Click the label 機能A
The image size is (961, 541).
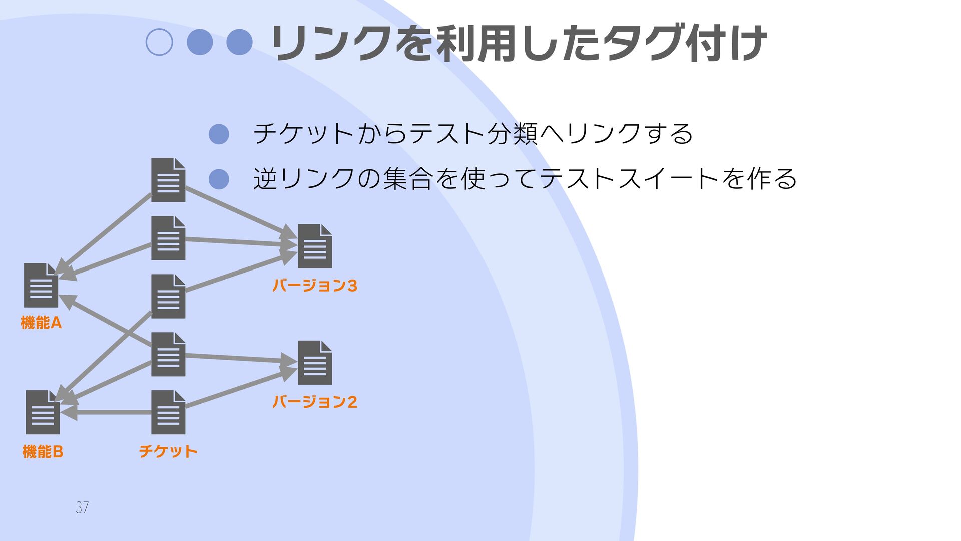point(41,323)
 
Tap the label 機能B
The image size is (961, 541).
point(43,452)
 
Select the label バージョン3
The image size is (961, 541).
point(314,286)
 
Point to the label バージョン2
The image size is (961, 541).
point(314,402)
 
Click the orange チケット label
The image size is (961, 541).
point(168,451)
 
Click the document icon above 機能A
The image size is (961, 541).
point(41,286)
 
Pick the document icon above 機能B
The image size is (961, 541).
point(43,412)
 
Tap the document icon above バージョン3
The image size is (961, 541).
point(315,246)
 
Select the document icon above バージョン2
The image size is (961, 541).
point(315,363)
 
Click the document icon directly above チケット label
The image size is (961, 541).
point(168,412)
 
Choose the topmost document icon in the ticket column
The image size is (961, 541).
point(168,180)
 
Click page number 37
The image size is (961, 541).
point(82,507)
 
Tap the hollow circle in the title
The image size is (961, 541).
point(159,42)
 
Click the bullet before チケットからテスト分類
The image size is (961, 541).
point(219,134)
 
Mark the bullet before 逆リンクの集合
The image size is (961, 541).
point(219,179)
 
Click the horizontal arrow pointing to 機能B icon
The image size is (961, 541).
point(110,413)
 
